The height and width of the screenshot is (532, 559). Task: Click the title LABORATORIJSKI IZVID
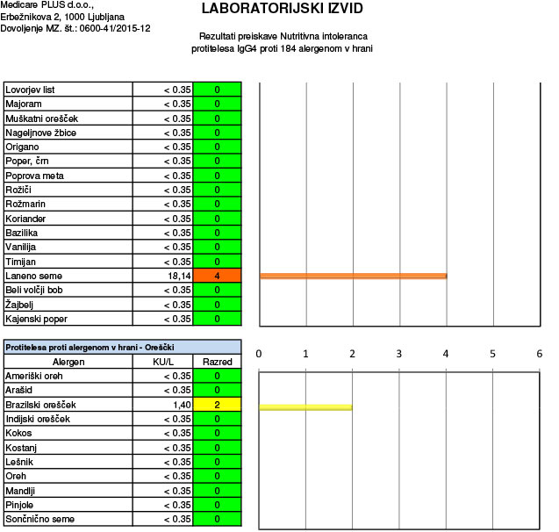click(282, 10)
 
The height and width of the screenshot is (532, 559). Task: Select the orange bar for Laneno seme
click(354, 276)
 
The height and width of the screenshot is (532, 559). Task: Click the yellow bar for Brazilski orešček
click(305, 406)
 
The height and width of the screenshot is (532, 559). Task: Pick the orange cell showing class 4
click(216, 276)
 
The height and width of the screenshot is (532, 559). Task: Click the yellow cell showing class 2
click(216, 405)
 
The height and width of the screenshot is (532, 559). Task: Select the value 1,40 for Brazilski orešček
click(178, 405)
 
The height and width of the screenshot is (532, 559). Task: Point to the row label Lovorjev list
click(31, 90)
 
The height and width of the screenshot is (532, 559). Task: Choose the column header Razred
click(216, 362)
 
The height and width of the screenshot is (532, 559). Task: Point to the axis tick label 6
click(539, 354)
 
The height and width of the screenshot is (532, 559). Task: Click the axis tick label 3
click(398, 354)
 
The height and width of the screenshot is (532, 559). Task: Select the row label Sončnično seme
click(40, 520)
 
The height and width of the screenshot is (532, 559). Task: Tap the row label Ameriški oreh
click(35, 377)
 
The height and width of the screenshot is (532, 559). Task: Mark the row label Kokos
click(20, 434)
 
